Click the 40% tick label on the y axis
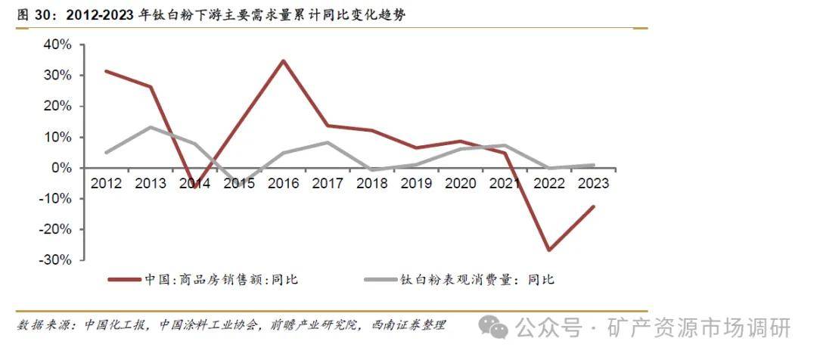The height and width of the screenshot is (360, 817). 56,45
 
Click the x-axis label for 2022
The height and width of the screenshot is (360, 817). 548,184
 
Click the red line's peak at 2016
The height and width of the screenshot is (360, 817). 283,61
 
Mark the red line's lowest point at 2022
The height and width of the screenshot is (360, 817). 548,250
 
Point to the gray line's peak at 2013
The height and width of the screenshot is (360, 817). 150,127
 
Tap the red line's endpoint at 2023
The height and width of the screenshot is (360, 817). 592,206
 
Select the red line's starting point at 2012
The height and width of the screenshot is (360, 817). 106,71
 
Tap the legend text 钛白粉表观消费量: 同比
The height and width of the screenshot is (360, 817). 477,280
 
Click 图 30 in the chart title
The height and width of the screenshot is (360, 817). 33,15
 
